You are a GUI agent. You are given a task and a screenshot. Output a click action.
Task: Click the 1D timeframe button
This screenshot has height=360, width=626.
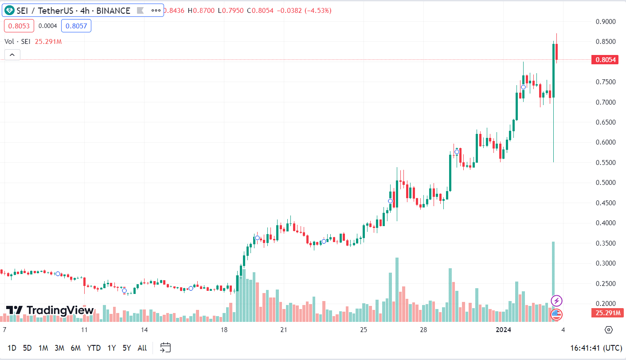(12, 348)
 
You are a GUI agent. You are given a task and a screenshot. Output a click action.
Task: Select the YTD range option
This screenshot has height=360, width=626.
(94, 348)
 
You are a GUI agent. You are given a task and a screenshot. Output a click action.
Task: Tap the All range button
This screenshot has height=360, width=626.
(142, 348)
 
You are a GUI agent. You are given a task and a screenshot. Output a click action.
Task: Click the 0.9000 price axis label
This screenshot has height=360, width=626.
(605, 21)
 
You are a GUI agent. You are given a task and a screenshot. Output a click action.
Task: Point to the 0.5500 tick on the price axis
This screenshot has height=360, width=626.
(605, 163)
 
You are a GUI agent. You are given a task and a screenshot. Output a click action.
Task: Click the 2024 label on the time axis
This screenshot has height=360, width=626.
(504, 330)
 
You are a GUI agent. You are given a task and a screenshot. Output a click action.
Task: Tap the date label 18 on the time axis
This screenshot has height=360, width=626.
(224, 330)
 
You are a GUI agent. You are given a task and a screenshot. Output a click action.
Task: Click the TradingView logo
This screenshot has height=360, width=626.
(50, 310)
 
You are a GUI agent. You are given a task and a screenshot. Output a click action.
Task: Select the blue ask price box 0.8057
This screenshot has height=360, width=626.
(76, 26)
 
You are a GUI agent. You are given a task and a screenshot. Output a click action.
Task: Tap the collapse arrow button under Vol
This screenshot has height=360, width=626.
(12, 55)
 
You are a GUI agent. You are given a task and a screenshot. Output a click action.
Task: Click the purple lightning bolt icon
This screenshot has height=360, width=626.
(556, 301)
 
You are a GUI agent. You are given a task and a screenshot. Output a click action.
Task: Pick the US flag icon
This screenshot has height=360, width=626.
(556, 315)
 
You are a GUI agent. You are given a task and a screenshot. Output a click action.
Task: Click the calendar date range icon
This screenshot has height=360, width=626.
(165, 348)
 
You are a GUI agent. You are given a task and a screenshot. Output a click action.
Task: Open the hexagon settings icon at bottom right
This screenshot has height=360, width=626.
(608, 330)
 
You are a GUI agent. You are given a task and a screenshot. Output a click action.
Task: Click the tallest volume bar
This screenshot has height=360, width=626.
(553, 275)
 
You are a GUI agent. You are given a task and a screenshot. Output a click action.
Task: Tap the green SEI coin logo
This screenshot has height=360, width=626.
(9, 10)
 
